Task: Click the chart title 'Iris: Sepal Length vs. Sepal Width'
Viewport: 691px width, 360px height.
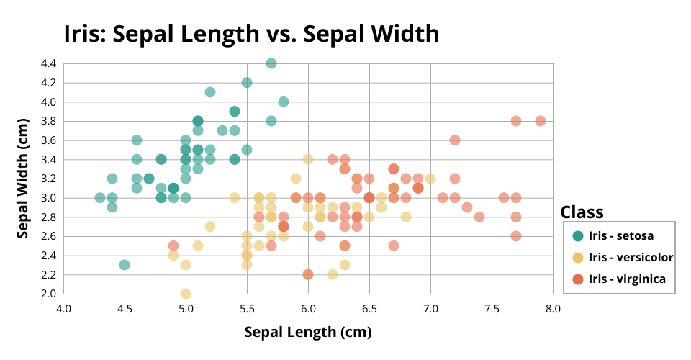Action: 251,33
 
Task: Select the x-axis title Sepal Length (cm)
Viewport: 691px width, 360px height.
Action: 308,332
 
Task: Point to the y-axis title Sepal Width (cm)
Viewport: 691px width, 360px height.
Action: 23,178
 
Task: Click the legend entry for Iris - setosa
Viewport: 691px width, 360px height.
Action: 620,235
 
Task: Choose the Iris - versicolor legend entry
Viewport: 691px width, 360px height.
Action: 631,257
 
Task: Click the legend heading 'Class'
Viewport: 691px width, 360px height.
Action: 582,212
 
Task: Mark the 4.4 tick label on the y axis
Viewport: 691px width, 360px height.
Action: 48,63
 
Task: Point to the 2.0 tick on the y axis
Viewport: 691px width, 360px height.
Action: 48,293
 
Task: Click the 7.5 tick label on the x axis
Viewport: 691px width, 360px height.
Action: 492,309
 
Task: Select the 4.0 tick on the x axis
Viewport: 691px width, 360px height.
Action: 64,309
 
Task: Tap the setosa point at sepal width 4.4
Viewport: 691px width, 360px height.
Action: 271,63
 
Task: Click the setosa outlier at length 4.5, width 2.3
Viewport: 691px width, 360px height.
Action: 125,265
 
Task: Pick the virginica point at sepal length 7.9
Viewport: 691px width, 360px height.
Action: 541,121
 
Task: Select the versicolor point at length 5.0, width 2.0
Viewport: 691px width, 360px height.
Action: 186,293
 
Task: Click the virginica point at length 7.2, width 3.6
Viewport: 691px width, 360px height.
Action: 455,140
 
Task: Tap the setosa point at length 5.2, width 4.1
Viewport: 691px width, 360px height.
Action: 210,92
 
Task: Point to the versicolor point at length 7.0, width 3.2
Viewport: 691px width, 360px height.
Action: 430,178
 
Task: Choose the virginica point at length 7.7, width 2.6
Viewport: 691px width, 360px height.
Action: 516,235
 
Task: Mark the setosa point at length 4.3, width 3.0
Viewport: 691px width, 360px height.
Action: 100,197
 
